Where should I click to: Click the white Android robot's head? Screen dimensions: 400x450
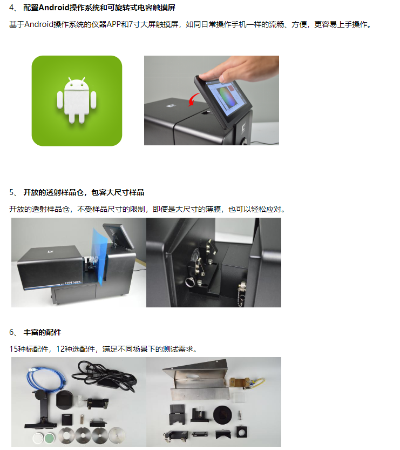tap(77, 84)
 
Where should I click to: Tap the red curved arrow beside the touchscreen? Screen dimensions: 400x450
tap(193, 99)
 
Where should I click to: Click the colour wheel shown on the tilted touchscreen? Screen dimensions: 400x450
tap(227, 97)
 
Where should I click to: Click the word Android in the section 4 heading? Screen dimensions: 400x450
tap(53, 8)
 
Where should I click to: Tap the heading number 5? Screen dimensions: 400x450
tap(11, 192)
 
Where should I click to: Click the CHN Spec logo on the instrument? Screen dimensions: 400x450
tap(73, 283)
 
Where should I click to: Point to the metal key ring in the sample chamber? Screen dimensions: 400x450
tap(189, 283)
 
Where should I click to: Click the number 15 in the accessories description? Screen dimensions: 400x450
tap(13, 349)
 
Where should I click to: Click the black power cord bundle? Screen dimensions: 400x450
tap(105, 375)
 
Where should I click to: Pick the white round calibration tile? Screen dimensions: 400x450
tap(38, 439)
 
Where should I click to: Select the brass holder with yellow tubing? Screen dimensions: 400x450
tap(247, 383)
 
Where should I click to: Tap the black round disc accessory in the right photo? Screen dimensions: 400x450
tap(222, 414)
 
